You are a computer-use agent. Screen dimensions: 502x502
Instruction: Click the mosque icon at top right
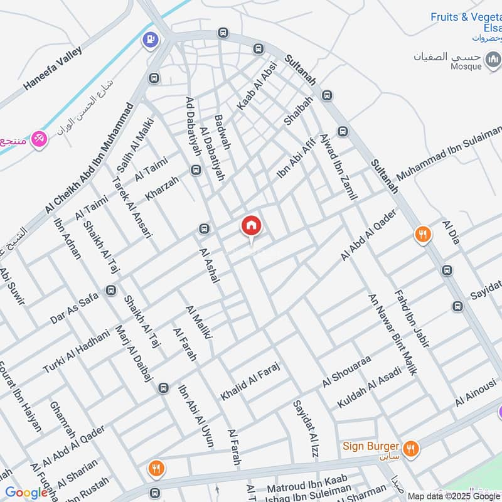pos(494,60)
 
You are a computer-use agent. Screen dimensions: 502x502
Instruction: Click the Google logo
pos(26,493)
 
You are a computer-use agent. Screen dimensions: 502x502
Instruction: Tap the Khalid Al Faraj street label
pos(249,382)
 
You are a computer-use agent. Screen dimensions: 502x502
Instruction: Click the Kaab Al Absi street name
pos(257,88)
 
